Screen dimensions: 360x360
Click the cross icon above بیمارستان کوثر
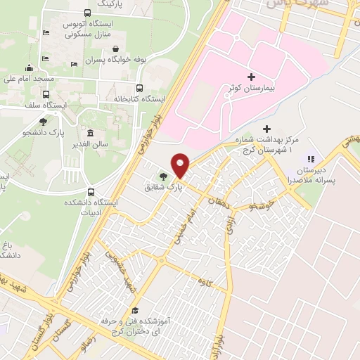(252, 76)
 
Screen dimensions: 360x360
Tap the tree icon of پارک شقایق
(164, 176)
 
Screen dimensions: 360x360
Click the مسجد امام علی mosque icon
(29, 68)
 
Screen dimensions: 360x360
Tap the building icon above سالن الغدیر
(90, 134)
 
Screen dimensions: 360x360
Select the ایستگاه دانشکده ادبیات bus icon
(91, 192)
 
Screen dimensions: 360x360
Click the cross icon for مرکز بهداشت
(266, 129)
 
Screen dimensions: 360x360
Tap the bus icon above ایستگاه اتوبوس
(86, 12)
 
